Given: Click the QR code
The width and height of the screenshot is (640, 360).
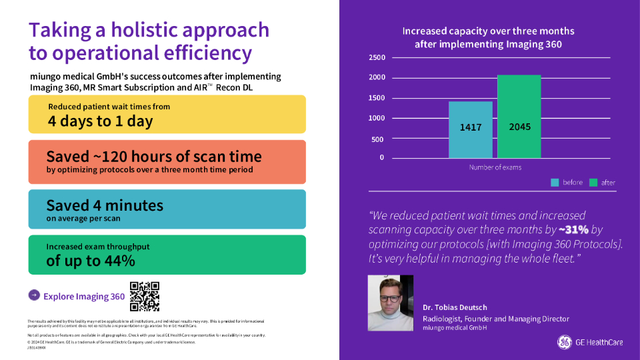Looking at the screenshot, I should click(x=145, y=297).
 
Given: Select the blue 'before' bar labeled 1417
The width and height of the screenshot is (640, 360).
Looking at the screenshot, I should click(x=470, y=129).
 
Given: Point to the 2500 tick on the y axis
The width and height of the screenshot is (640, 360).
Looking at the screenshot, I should click(x=376, y=58).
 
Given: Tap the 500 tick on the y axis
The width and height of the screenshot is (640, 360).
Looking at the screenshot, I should click(x=377, y=139).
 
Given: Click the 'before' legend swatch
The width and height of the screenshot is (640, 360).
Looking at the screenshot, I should click(x=555, y=182).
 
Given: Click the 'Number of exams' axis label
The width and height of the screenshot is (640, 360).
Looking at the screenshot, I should click(x=495, y=167).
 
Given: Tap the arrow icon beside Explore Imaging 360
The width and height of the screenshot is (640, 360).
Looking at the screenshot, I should click(x=34, y=295).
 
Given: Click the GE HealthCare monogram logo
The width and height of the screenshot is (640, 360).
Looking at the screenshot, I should click(x=564, y=342).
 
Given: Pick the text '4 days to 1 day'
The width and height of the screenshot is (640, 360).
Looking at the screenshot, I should click(x=100, y=121).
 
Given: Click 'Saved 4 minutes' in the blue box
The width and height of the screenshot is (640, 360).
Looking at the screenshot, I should click(x=105, y=205).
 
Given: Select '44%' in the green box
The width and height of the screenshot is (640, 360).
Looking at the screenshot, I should click(x=119, y=261).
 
